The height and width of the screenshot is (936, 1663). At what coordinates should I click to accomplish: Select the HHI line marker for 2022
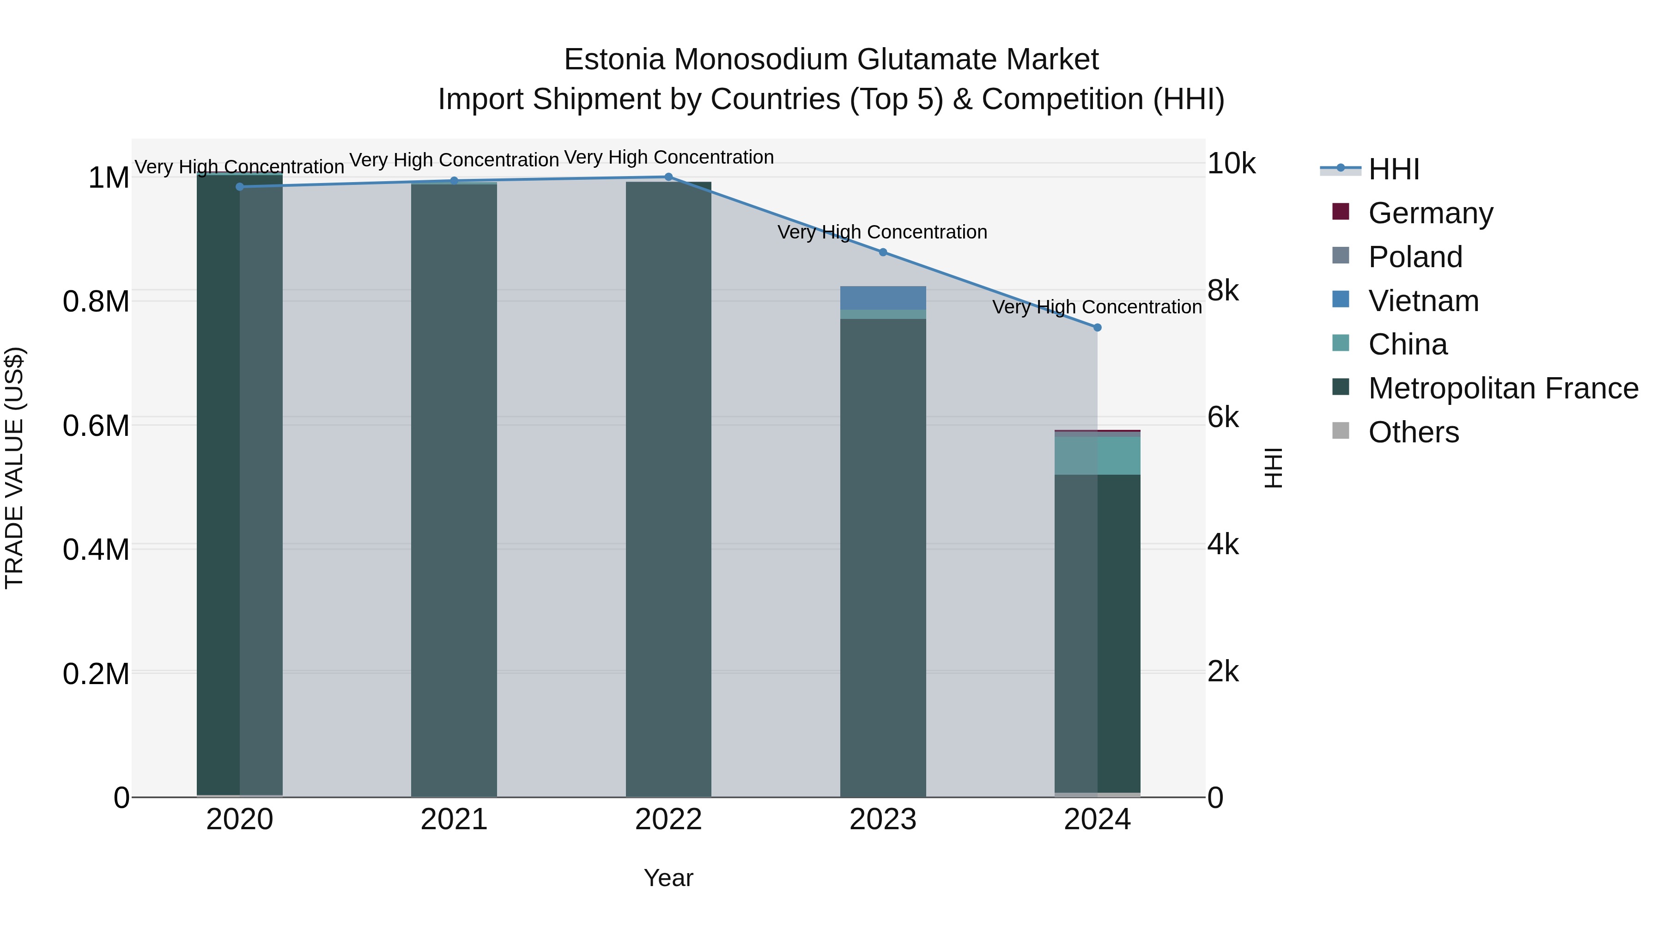click(668, 177)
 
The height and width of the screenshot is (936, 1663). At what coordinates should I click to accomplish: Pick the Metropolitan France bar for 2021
click(454, 491)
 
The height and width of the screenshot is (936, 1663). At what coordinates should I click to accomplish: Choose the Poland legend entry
click(1414, 257)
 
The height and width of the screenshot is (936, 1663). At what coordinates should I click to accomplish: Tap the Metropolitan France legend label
click(1503, 388)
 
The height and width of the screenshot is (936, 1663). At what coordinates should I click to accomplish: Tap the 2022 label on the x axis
click(668, 820)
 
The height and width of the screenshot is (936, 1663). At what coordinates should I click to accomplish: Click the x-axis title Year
click(668, 878)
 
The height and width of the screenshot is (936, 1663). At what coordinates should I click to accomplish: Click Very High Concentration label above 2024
click(1097, 307)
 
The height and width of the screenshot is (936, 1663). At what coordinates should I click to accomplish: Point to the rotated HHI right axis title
click(1273, 468)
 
